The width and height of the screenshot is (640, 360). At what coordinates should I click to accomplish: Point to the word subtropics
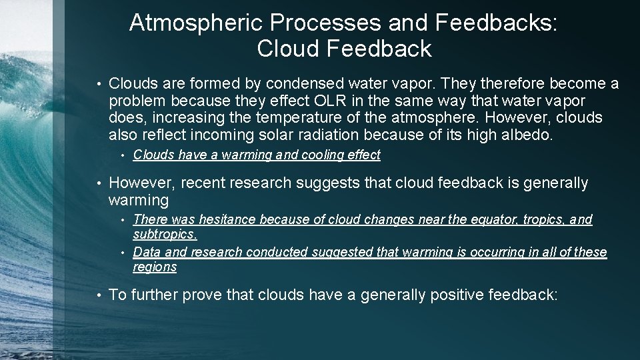164,235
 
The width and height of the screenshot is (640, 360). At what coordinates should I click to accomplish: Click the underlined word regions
155,267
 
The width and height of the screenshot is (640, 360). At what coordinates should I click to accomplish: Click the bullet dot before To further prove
98,295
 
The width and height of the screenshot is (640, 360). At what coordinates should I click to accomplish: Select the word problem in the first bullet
137,101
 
